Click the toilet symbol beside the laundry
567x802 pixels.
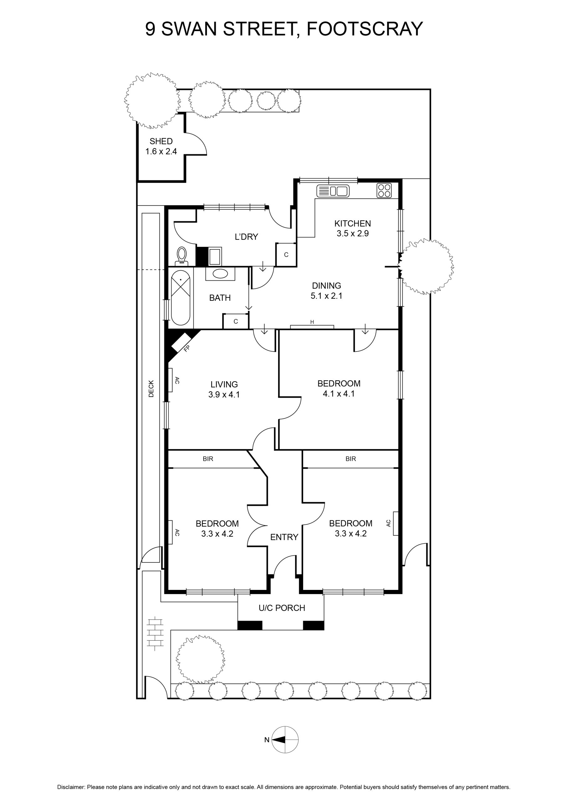(182, 256)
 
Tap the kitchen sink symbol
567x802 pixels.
(333, 191)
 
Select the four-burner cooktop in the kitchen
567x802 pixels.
(384, 190)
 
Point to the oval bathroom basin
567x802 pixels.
(220, 274)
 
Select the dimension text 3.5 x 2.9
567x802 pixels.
(353, 233)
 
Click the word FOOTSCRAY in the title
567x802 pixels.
(364, 29)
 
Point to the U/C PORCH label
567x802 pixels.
(282, 608)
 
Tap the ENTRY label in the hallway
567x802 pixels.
(284, 537)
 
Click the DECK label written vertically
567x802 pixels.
(151, 388)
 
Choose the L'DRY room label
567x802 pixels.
(246, 237)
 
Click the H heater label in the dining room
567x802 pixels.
(312, 322)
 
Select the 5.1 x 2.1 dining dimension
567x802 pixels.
(327, 296)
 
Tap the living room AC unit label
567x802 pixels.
(177, 380)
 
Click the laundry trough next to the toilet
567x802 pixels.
(215, 256)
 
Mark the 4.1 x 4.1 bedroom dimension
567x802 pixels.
(339, 394)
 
